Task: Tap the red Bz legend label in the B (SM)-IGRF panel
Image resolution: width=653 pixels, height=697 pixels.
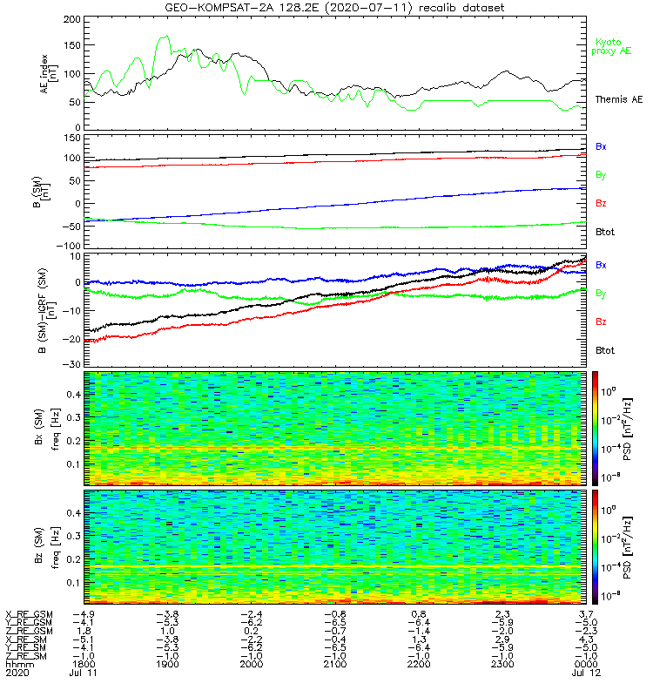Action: [601, 321]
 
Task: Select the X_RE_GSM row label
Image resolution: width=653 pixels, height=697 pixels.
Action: [29, 614]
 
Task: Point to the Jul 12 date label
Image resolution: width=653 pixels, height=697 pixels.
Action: [585, 673]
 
